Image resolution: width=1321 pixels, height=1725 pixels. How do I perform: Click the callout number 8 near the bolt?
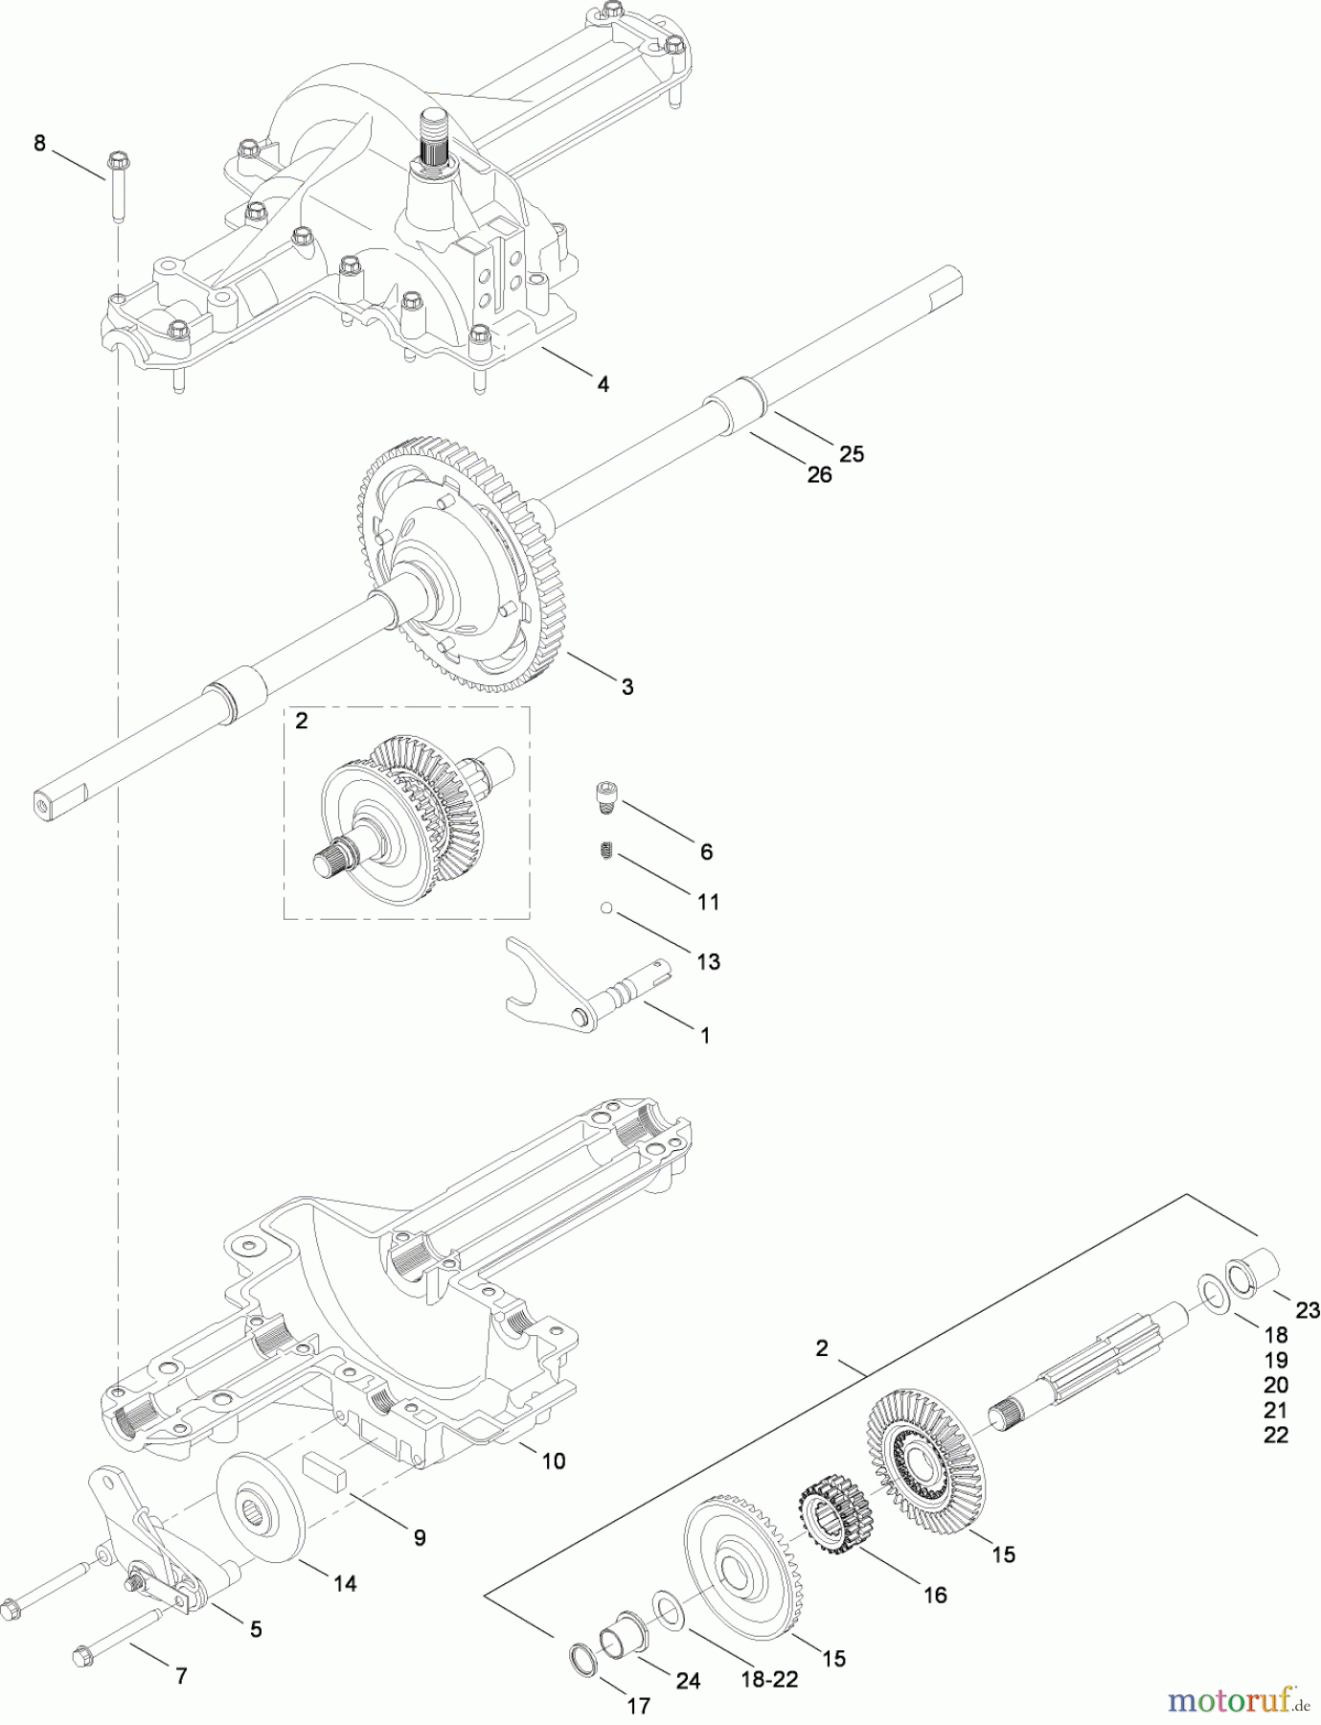[39, 144]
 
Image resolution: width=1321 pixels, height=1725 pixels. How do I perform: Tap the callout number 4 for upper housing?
[602, 384]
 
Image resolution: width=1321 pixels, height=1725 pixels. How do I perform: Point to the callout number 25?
[852, 453]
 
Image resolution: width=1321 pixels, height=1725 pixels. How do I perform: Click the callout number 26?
[820, 473]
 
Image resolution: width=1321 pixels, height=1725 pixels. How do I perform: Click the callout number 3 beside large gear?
[627, 687]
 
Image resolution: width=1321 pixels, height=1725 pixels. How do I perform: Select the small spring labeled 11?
[605, 850]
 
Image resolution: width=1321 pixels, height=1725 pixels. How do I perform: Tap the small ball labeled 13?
[605, 906]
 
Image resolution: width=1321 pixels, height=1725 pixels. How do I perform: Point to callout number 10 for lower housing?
[554, 1460]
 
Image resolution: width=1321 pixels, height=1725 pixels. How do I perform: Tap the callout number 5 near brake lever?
[256, 1629]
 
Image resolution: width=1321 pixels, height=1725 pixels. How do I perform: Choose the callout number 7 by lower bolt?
[181, 1676]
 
